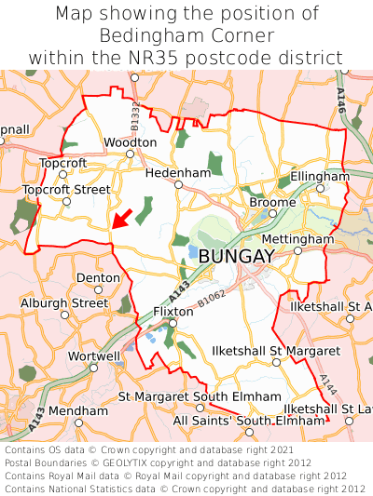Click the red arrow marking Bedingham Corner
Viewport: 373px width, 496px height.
[x=119, y=219]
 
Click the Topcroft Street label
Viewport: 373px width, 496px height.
[x=66, y=190]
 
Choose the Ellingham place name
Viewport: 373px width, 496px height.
[x=320, y=176]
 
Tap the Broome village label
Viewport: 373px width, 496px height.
[x=273, y=202]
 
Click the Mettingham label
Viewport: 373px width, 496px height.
[x=297, y=239]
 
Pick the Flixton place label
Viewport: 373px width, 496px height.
[x=173, y=312]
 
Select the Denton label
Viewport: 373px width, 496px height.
[x=98, y=277]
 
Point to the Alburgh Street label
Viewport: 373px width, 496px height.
[x=64, y=303]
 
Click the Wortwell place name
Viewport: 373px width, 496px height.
[x=94, y=356]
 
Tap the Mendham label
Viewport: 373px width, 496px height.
[x=78, y=410]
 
